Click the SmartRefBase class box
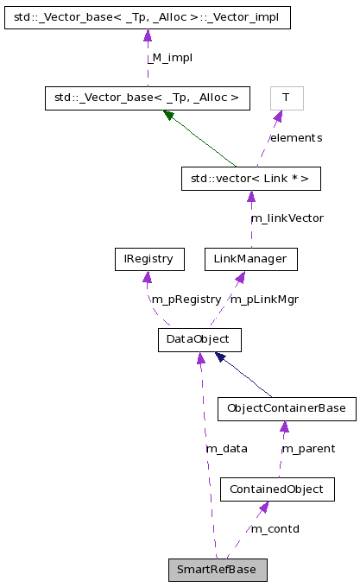click(x=218, y=570)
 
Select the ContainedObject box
click(x=276, y=489)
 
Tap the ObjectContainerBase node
click(x=286, y=408)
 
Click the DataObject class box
click(x=199, y=339)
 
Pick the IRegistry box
click(x=148, y=258)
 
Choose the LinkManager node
click(x=250, y=258)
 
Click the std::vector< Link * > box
click(x=250, y=179)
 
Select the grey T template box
click(x=286, y=98)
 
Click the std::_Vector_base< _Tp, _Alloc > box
click(x=147, y=98)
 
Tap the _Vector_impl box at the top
click(x=147, y=16)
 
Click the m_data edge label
click(x=226, y=449)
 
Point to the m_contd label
click(x=275, y=528)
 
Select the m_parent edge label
click(x=309, y=449)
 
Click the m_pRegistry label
click(x=186, y=299)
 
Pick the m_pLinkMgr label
click(x=264, y=299)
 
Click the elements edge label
click(x=295, y=138)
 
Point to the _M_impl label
click(x=168, y=57)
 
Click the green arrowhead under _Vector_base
click(x=169, y=115)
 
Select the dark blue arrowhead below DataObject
click(x=221, y=357)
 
